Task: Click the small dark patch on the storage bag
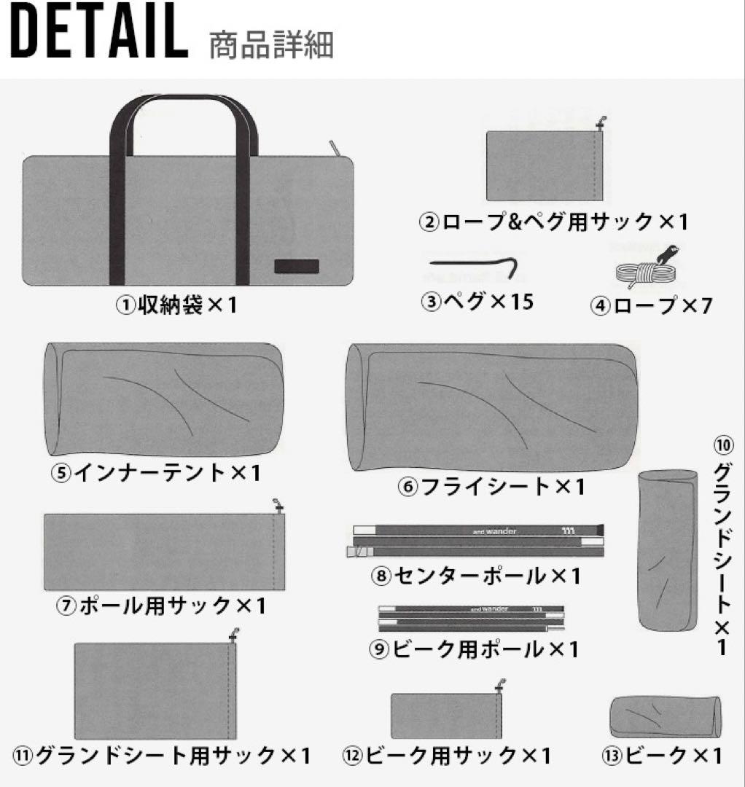pyautogui.click(x=296, y=266)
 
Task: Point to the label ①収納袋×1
pyautogui.click(x=177, y=305)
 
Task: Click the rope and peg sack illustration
pyautogui.click(x=545, y=165)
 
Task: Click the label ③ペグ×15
pyautogui.click(x=477, y=301)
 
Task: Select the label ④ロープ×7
pyautogui.click(x=650, y=306)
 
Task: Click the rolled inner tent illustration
pyautogui.click(x=163, y=390)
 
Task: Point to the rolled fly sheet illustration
pyautogui.click(x=491, y=407)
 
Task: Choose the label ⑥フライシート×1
pyautogui.click(x=491, y=487)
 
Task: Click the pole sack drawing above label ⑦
pyautogui.click(x=163, y=552)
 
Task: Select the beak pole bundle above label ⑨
pyautogui.click(x=472, y=618)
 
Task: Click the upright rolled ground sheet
pyautogui.click(x=668, y=552)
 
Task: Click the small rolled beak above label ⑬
pyautogui.click(x=664, y=717)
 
